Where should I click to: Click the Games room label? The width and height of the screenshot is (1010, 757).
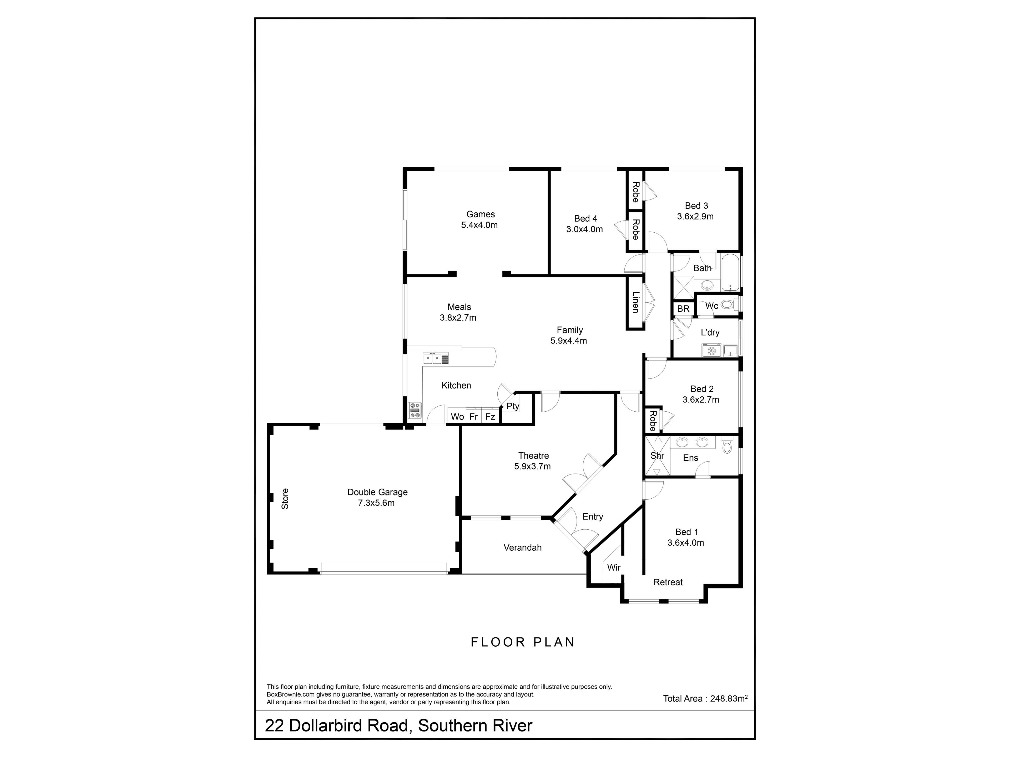(480, 214)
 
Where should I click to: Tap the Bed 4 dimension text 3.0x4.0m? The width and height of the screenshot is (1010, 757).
(584, 229)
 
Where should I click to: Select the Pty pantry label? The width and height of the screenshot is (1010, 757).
(513, 406)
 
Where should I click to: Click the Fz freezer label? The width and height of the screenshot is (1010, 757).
(490, 417)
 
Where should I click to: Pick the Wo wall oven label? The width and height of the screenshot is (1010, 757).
(457, 417)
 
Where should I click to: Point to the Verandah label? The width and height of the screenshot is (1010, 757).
(522, 548)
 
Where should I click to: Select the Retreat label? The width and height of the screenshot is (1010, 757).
(668, 582)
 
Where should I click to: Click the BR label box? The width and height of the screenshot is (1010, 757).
(683, 309)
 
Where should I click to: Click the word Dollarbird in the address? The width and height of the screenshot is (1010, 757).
(349, 726)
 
